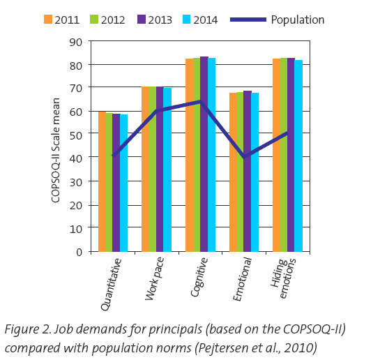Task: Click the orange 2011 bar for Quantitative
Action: click(x=102, y=181)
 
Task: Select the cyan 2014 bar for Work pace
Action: click(x=167, y=170)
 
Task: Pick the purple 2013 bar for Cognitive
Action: click(x=204, y=154)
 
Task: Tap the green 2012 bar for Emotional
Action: click(x=240, y=172)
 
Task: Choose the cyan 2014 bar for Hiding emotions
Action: click(x=298, y=156)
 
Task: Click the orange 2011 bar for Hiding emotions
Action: click(x=277, y=155)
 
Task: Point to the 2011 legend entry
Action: click(x=61, y=20)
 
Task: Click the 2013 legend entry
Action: click(x=155, y=20)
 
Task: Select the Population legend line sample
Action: click(x=248, y=20)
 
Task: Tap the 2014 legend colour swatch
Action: click(x=186, y=20)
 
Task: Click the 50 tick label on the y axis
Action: click(x=76, y=135)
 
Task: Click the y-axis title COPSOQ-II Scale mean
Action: click(x=56, y=150)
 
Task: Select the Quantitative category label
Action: click(x=111, y=285)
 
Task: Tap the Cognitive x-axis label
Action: click(x=199, y=277)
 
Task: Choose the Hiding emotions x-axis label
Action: click(x=283, y=278)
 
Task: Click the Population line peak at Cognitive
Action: click(x=200, y=102)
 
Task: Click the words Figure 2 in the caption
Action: click(x=27, y=330)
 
